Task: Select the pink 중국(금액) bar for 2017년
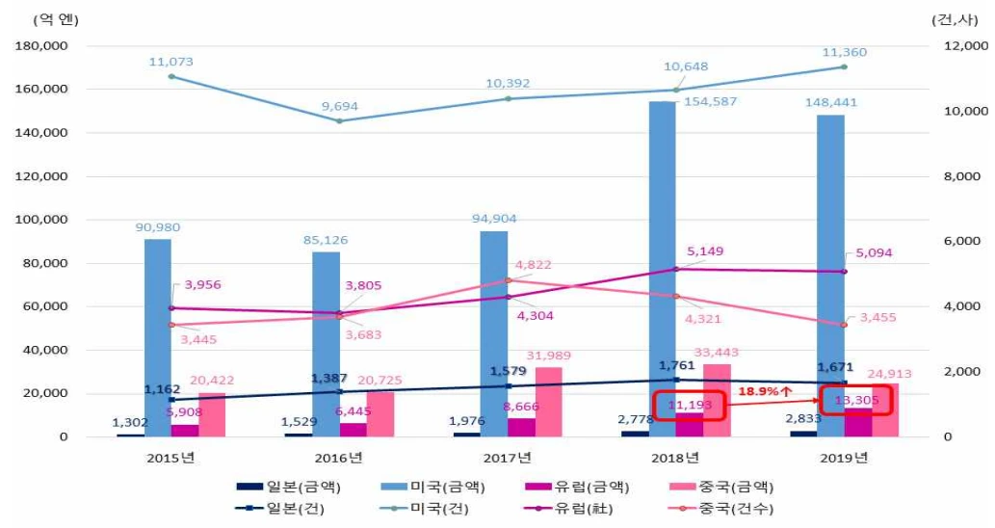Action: click(x=548, y=402)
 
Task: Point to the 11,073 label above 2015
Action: click(x=170, y=62)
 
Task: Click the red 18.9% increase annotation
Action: click(x=766, y=392)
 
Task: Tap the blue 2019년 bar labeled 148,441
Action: click(x=831, y=279)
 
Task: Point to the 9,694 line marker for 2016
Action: click(x=339, y=120)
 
